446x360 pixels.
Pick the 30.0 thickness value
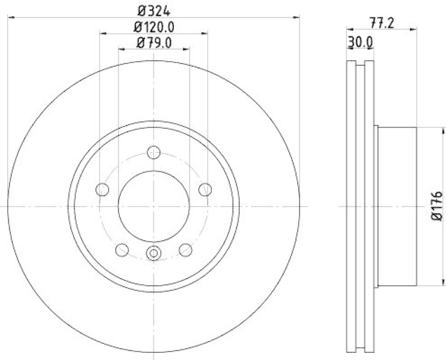(360, 40)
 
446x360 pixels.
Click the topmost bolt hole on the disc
(154, 152)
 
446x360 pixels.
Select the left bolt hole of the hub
(102, 190)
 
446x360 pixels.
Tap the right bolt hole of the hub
(206, 189)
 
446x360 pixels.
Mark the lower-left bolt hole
(122, 250)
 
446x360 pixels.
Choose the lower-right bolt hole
(186, 250)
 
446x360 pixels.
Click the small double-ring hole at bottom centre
(154, 254)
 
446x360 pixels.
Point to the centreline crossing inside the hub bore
(154, 207)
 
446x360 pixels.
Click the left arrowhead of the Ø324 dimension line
(11, 18)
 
